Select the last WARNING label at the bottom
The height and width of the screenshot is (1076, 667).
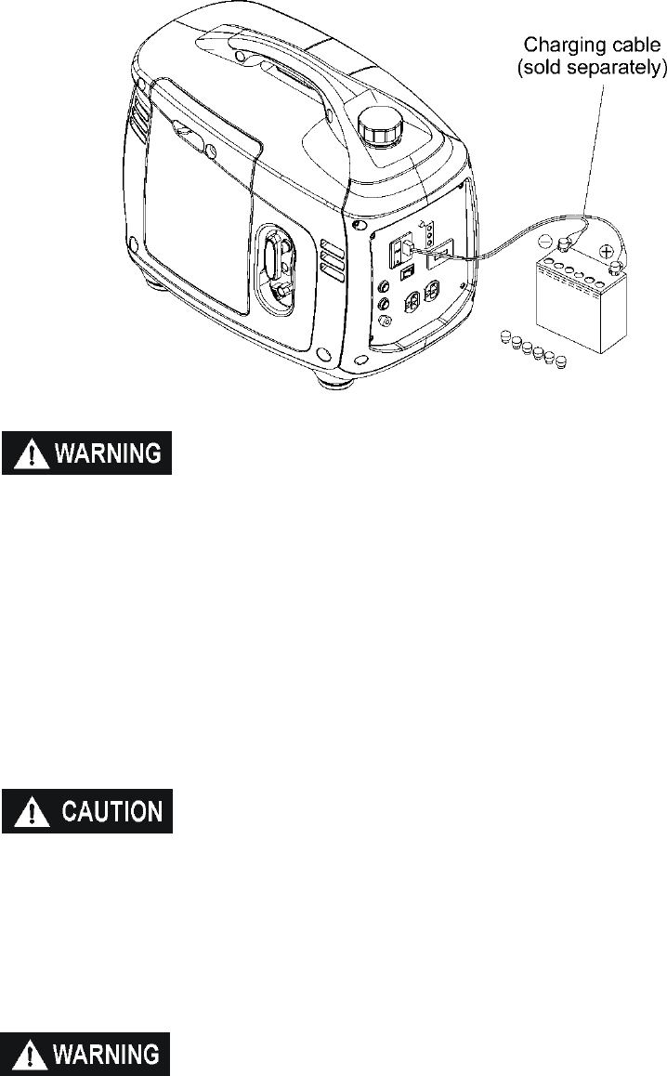86,1053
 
